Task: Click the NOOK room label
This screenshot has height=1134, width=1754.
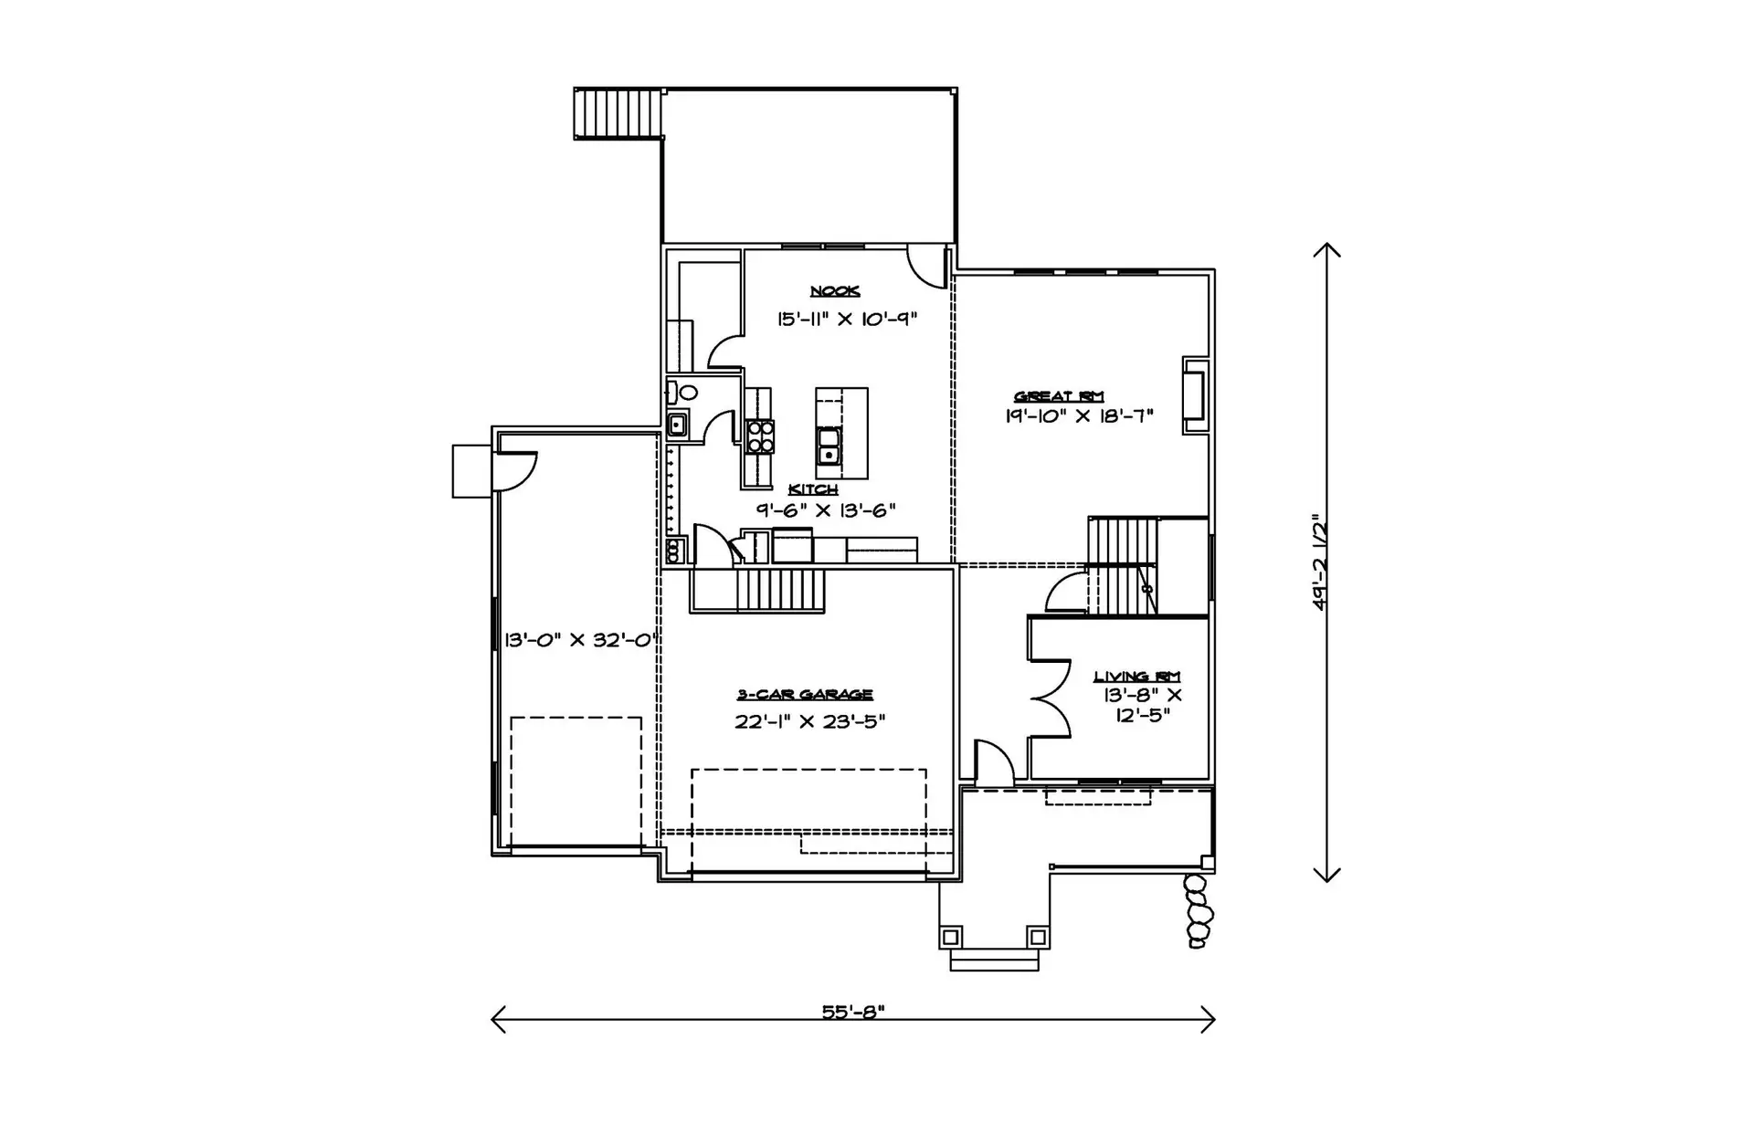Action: (835, 291)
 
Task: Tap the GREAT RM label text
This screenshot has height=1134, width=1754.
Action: (1060, 396)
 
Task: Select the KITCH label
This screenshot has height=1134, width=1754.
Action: (813, 490)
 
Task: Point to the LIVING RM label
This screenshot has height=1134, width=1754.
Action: (1137, 677)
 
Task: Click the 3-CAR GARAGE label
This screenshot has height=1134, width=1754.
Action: (805, 696)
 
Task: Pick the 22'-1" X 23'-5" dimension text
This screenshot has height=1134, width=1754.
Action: (810, 721)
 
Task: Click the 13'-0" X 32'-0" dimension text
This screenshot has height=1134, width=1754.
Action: (582, 640)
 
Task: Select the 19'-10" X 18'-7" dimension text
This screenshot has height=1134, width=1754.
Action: (1080, 416)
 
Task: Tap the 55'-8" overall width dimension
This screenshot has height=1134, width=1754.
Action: (853, 1012)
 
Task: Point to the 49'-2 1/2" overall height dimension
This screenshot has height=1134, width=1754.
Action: (1319, 562)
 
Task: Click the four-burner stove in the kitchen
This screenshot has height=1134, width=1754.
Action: (760, 436)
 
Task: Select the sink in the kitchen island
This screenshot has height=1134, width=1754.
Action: (829, 445)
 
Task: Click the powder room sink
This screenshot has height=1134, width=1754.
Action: (677, 424)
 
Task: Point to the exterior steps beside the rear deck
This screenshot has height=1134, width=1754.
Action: (618, 113)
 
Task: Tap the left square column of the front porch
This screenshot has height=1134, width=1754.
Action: (950, 937)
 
